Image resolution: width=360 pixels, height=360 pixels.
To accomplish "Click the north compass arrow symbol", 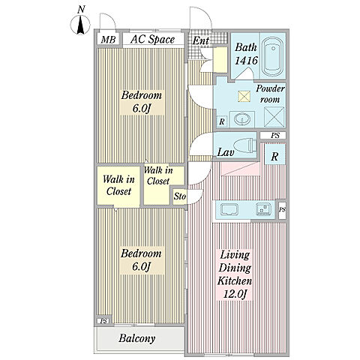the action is [x=80, y=25].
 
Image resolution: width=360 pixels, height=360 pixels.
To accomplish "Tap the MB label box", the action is [x=108, y=40].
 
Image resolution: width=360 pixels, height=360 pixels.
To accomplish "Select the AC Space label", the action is [x=152, y=39].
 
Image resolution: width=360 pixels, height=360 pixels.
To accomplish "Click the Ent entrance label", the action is [x=201, y=40].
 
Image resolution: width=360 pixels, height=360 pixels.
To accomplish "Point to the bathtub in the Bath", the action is [x=272, y=57].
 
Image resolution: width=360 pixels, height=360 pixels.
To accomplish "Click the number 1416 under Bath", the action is [x=246, y=60].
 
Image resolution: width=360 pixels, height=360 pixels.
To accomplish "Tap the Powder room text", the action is [x=270, y=94].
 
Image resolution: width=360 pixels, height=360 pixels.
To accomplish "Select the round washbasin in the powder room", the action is [x=241, y=119].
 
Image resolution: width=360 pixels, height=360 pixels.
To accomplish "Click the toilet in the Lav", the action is [x=245, y=145].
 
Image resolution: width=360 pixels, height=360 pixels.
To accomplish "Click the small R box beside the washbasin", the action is [x=221, y=121].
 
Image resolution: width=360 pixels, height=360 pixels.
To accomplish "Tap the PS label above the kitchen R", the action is [x=275, y=136].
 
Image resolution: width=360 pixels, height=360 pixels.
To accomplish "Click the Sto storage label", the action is [x=180, y=196].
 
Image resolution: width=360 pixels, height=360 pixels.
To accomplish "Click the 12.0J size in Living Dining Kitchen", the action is [x=235, y=294].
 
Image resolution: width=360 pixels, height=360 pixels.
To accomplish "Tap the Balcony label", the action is [x=137, y=338].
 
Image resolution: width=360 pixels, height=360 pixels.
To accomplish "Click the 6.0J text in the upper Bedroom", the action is [x=142, y=109].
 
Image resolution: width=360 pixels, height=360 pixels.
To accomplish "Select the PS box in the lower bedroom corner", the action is [x=103, y=320].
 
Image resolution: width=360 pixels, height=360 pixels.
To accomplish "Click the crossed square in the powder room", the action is [x=274, y=117].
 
